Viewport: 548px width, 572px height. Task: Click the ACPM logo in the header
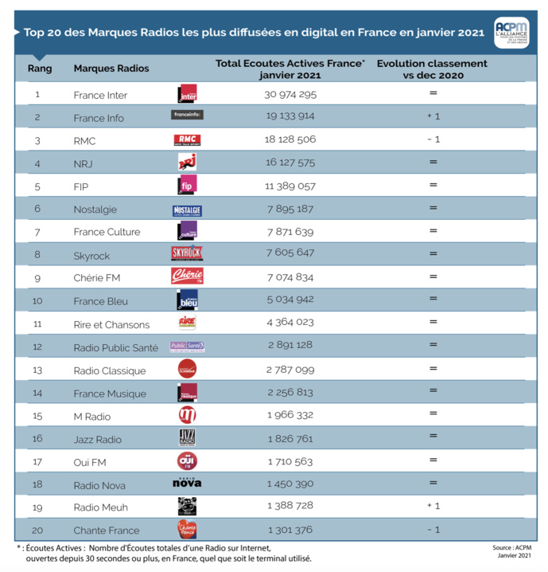click(x=511, y=33)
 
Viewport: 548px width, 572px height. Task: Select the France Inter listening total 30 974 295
click(x=290, y=95)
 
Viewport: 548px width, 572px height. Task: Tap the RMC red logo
click(x=187, y=140)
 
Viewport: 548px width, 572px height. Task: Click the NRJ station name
click(x=84, y=163)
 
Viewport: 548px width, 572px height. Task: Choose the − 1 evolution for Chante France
click(x=433, y=530)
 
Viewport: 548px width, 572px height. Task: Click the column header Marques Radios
click(x=111, y=69)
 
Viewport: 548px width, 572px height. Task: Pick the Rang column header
click(x=40, y=69)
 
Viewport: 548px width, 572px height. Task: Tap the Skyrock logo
click(x=187, y=254)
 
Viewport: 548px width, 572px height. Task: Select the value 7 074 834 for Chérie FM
click(x=290, y=278)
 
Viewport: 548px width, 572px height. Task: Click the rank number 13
click(x=37, y=370)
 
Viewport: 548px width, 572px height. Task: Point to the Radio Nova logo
click(x=187, y=484)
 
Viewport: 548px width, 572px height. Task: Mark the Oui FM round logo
click(x=187, y=461)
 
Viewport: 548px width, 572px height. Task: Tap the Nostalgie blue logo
click(x=187, y=210)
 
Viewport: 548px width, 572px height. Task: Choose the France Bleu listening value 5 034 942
click(x=290, y=301)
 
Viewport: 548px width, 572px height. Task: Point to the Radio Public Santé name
click(x=118, y=347)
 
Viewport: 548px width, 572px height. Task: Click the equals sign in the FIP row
click(x=433, y=186)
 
